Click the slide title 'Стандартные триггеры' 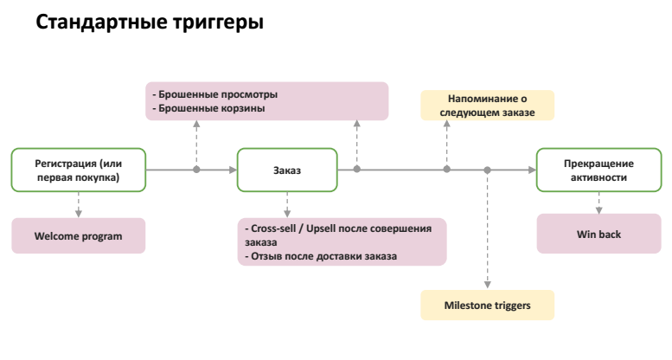click(x=149, y=23)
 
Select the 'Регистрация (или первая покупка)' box click(x=79, y=170)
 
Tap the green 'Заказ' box click(x=287, y=170)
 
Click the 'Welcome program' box click(x=79, y=235)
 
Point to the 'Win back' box click(x=598, y=235)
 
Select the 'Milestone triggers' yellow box click(x=487, y=305)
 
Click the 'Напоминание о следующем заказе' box click(x=487, y=105)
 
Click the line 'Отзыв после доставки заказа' click(x=322, y=256)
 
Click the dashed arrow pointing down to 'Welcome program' click(x=79, y=205)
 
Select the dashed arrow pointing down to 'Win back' click(x=598, y=203)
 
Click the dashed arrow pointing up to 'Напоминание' click(x=446, y=144)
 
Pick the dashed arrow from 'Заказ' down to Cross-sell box click(x=287, y=204)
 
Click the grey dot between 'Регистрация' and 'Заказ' click(x=196, y=170)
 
